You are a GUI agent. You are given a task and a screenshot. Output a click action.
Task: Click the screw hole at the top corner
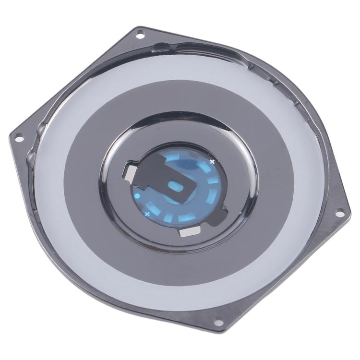pos(140,34)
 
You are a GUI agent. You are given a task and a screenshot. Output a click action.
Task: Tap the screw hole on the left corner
pos(20,139)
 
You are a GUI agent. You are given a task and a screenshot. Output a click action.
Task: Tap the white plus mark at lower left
pos(147,213)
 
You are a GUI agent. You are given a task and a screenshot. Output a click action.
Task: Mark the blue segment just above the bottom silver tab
pos(185,219)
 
